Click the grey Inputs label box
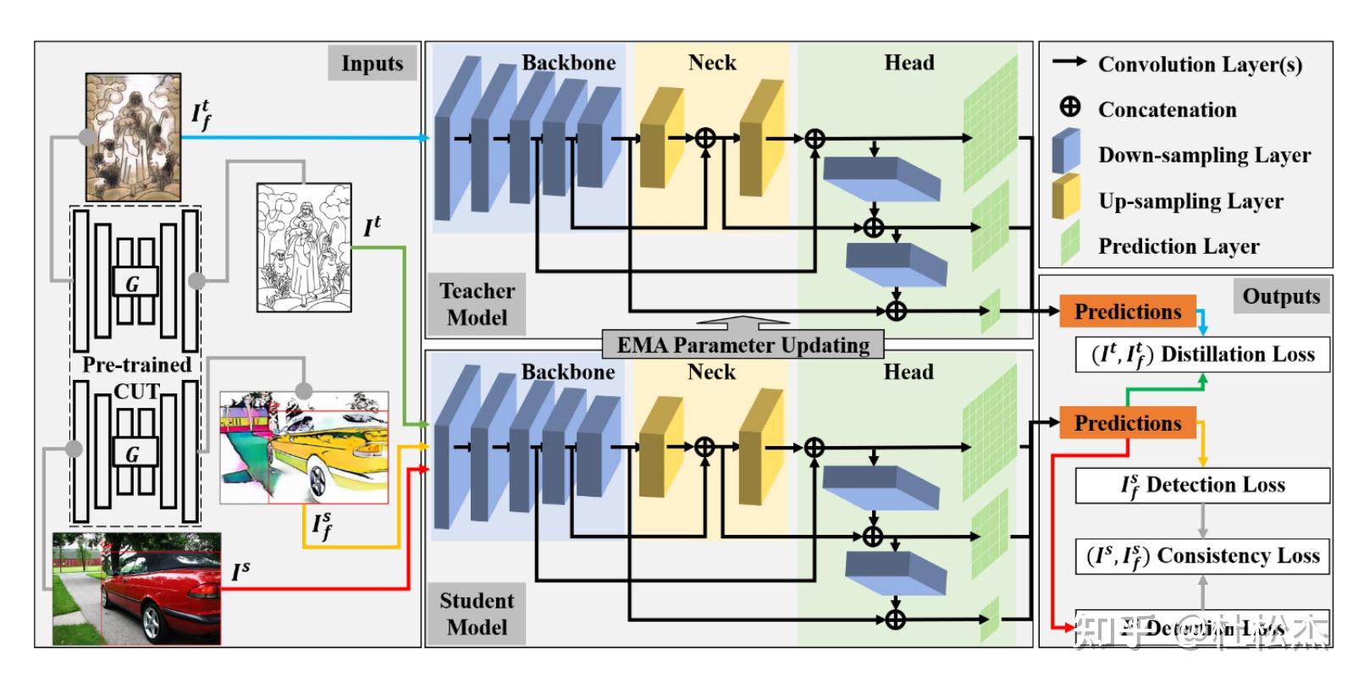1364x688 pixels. pyautogui.click(x=372, y=63)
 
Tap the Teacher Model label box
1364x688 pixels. pyautogui.click(x=477, y=304)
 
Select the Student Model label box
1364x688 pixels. pyautogui.click(x=477, y=614)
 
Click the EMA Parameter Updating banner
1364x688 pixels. pyautogui.click(x=743, y=345)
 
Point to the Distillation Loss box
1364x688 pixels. pyautogui.click(x=1202, y=354)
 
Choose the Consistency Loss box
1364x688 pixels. pyautogui.click(x=1202, y=556)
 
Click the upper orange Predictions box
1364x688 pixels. pyautogui.click(x=1127, y=311)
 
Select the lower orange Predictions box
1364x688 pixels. pyautogui.click(x=1127, y=423)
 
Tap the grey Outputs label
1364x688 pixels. pyautogui.click(x=1280, y=296)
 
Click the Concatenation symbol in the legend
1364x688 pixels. pyautogui.click(x=1070, y=107)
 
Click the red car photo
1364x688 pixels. pyautogui.click(x=136, y=589)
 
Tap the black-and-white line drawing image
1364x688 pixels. pyautogui.click(x=304, y=247)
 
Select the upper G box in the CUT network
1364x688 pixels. pyautogui.click(x=135, y=283)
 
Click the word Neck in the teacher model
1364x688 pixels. pyautogui.click(x=712, y=63)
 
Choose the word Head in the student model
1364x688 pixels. pyautogui.click(x=908, y=372)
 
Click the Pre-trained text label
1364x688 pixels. pyautogui.click(x=136, y=365)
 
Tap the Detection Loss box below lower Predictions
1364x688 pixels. pyautogui.click(x=1202, y=485)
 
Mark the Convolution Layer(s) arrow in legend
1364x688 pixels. pyautogui.click(x=1069, y=63)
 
